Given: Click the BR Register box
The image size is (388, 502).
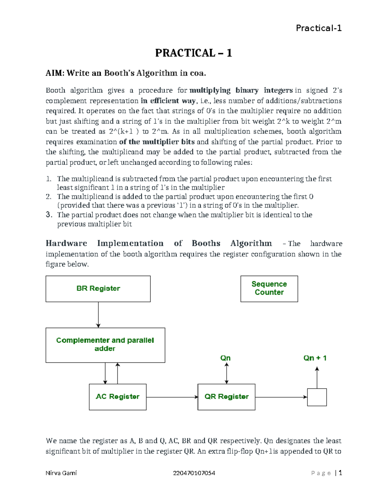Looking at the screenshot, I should tap(98, 289).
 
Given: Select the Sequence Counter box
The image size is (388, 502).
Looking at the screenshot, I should tap(269, 289).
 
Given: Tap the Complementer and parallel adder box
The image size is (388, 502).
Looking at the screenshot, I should tap(105, 345).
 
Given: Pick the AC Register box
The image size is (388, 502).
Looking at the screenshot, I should tap(118, 397).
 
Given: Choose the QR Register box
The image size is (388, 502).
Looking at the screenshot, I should tap(226, 397).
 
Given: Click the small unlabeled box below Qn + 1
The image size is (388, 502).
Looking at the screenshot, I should tap(317, 397).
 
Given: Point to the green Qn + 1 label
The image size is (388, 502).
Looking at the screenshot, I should tap(315, 358).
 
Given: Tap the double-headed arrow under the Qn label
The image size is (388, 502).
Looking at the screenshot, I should tap(227, 373).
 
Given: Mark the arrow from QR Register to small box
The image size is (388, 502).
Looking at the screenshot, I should tap(281, 397).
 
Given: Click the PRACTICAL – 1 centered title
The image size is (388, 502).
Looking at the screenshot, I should tap(193, 53).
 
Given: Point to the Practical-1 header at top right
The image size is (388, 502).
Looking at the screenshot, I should tap(318, 28).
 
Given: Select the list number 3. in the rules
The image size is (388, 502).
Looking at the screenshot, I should tap(49, 215).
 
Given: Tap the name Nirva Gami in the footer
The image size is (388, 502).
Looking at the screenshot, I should tap(61, 473).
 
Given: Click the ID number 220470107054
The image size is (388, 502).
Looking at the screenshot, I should tap(194, 473).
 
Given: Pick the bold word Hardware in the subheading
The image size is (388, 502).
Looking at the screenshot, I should tap(66, 243).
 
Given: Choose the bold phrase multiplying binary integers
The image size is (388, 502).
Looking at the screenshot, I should tap(241, 90).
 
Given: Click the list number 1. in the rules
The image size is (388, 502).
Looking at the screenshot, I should tap(48, 179).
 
